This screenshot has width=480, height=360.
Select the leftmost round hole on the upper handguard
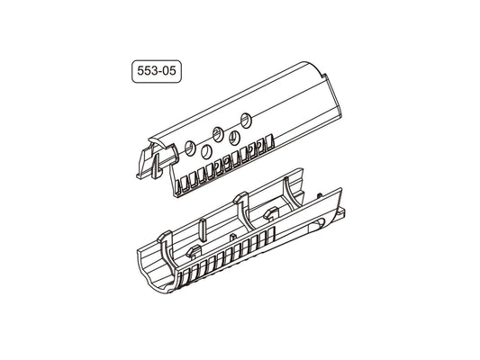pyautogui.click(x=189, y=147)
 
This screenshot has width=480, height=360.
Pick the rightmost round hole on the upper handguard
pyautogui.click(x=245, y=121)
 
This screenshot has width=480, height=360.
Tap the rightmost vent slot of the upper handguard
pyautogui.click(x=268, y=142)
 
